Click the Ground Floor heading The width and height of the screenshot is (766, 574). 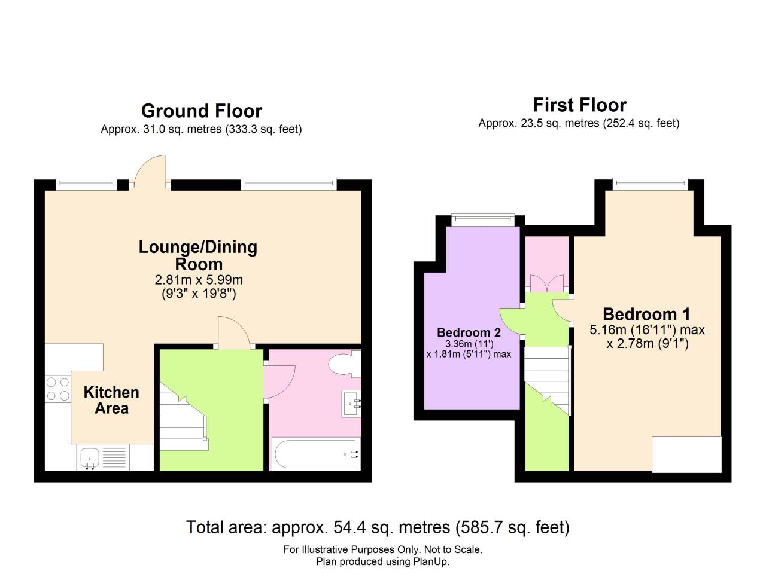[201, 111]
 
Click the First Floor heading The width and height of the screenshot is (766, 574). [579, 105]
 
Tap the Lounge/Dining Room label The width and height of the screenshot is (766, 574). [198, 255]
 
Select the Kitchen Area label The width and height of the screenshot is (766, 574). [111, 401]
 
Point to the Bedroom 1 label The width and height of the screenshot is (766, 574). [646, 314]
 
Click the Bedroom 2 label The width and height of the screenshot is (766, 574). [469, 332]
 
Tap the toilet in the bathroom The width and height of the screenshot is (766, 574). [344, 364]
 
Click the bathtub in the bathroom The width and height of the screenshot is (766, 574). [317, 454]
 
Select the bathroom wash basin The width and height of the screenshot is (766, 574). [351, 404]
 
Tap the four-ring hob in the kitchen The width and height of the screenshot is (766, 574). [57, 389]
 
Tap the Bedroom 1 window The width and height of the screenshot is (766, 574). [649, 184]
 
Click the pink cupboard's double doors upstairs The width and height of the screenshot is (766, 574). [547, 283]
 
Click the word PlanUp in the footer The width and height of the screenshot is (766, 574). [431, 562]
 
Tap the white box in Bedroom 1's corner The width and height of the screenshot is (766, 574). [686, 454]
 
